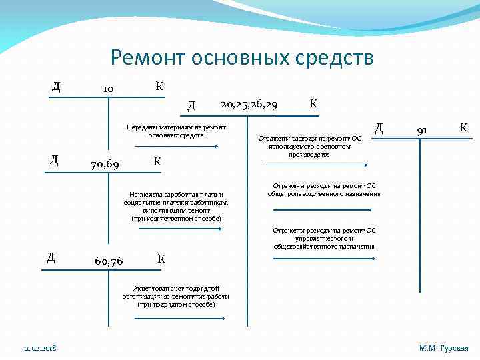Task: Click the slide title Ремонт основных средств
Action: (242, 58)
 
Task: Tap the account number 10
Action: (107, 89)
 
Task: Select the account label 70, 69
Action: (105, 163)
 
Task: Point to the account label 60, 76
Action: (109, 261)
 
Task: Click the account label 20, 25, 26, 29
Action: (249, 104)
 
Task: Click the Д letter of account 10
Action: (57, 87)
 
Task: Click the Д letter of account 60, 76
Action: (51, 257)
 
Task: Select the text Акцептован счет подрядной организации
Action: (176, 296)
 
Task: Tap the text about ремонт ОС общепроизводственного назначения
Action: (324, 190)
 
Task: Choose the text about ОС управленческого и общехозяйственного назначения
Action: (324, 238)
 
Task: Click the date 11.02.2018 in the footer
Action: (40, 348)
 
